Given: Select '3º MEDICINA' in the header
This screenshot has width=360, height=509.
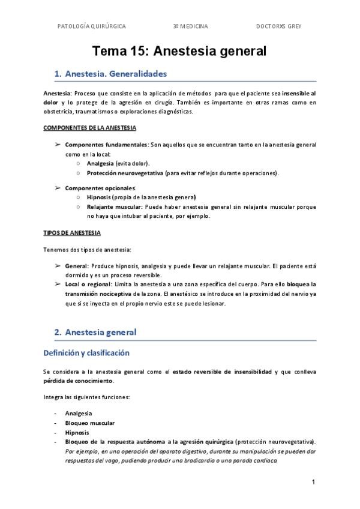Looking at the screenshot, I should (190, 26).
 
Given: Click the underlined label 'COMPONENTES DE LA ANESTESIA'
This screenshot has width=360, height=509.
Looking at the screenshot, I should (89, 128).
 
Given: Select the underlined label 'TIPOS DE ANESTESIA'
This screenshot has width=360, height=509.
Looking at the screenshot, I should (72, 232).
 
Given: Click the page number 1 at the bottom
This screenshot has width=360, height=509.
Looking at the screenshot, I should (314, 482).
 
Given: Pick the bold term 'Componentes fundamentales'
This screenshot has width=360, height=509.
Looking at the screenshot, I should (106, 145).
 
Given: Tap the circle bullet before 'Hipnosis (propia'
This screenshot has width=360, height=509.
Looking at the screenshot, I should (79, 197).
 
